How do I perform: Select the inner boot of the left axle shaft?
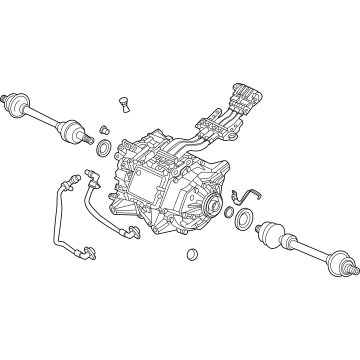pos(70,129)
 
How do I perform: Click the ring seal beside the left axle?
pos(102,150)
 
